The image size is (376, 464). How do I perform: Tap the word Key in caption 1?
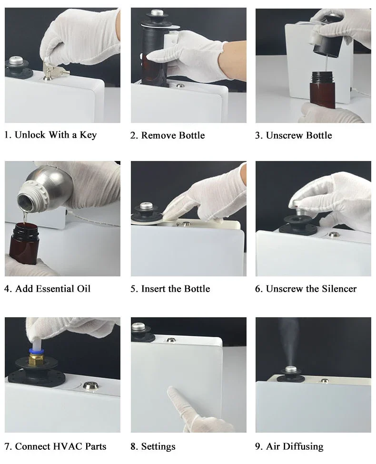(x=88, y=135)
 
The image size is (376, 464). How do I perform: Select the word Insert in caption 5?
(x=152, y=289)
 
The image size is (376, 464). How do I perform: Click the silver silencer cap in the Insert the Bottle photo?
(x=146, y=206)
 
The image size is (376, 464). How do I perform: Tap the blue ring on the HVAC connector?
(x=36, y=351)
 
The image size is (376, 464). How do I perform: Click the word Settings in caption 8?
(x=158, y=446)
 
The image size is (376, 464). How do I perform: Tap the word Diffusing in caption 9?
(x=302, y=446)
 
